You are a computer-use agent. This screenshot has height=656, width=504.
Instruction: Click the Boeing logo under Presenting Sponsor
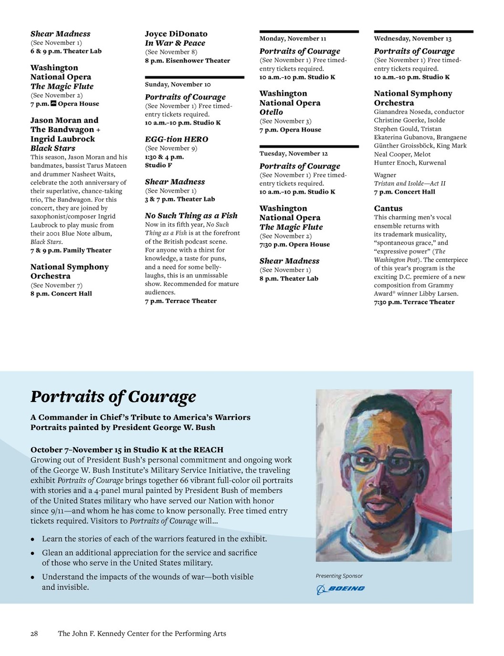click(x=340, y=589)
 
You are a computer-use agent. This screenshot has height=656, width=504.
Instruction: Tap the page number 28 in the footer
click(x=34, y=634)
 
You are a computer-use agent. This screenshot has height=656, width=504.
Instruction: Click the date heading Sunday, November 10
click(x=178, y=84)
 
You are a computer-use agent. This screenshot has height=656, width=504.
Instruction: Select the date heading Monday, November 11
click(x=293, y=39)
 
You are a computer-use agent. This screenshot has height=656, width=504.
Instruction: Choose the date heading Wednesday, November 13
click(x=412, y=39)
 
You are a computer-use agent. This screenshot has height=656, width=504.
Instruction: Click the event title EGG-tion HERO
click(x=177, y=139)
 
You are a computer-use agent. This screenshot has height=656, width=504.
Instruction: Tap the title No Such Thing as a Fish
click(x=191, y=215)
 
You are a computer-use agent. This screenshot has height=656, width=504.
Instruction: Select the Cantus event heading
click(x=388, y=208)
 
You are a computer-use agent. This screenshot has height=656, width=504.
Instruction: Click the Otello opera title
click(x=271, y=112)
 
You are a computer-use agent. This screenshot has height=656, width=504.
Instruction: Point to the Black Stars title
click(x=52, y=148)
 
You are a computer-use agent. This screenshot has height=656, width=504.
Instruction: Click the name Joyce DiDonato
click(x=176, y=34)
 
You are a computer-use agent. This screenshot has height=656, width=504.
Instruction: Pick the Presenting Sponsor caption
click(x=339, y=576)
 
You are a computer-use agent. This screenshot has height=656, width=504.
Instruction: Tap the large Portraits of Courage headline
click(x=113, y=397)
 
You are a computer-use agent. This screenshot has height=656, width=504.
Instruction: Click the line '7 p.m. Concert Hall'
click(x=404, y=192)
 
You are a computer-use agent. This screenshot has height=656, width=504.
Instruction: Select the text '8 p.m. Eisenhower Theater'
click(x=187, y=61)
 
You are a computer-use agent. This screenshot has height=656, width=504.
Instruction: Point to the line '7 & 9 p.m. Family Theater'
click(x=71, y=250)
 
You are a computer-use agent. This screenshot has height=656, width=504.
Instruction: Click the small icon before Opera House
click(x=53, y=103)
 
